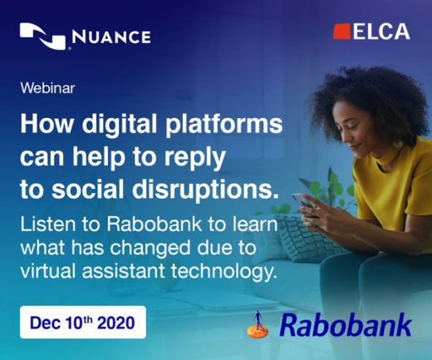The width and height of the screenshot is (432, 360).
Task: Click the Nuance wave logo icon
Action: [43, 37]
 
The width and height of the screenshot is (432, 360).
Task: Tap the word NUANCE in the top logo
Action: [111, 37]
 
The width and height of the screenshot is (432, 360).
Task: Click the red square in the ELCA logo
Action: [341, 32]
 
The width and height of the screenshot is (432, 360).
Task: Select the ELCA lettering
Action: [381, 32]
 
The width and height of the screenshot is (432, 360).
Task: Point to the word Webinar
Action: [47, 88]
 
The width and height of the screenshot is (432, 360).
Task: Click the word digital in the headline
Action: [120, 125]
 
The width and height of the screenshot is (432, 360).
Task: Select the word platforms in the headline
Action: [224, 125]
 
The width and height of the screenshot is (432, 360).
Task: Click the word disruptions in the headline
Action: [205, 190]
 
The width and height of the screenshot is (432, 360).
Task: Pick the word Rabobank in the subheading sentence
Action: [155, 224]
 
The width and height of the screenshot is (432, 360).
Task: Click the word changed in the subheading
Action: [150, 248]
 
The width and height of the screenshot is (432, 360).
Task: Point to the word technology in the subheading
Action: [224, 271]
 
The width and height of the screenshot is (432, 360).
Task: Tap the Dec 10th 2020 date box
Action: [83, 322]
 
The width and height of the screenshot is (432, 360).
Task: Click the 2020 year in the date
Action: [116, 323]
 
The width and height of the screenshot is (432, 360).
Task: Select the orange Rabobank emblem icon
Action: [258, 325]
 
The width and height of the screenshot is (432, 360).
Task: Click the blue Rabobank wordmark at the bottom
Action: [346, 324]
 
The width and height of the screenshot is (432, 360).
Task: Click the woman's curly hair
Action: [371, 100]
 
